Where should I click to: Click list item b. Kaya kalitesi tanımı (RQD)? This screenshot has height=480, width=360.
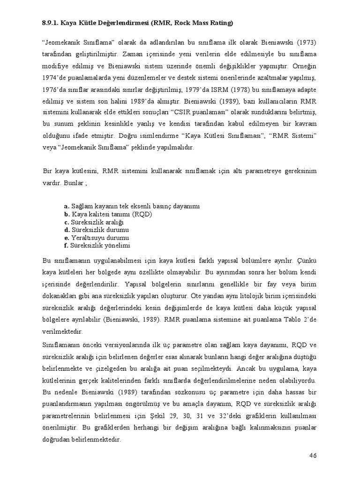tap(108, 214)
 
